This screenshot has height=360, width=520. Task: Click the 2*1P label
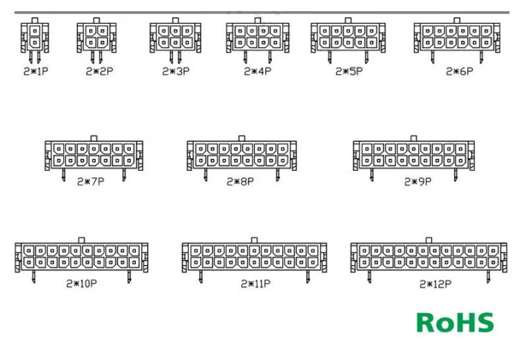coord(33,72)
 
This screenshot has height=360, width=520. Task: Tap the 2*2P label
coord(99,72)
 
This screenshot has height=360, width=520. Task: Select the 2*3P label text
coord(176,72)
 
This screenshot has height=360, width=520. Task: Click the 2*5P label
coord(348,72)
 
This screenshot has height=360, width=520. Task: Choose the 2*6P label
coord(459,72)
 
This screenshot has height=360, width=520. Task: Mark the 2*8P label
coord(240,181)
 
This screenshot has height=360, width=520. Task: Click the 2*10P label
coord(81,284)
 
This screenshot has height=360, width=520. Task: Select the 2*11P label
coord(255,284)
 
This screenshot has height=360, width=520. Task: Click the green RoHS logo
coord(455,322)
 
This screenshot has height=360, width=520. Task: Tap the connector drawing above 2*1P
coord(34,36)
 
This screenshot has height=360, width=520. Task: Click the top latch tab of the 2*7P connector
coord(93,137)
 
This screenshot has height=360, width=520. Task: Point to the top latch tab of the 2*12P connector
coord(429,239)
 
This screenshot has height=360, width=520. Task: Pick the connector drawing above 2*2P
coord(97,37)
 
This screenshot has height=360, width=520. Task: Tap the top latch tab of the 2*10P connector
coord(81,239)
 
